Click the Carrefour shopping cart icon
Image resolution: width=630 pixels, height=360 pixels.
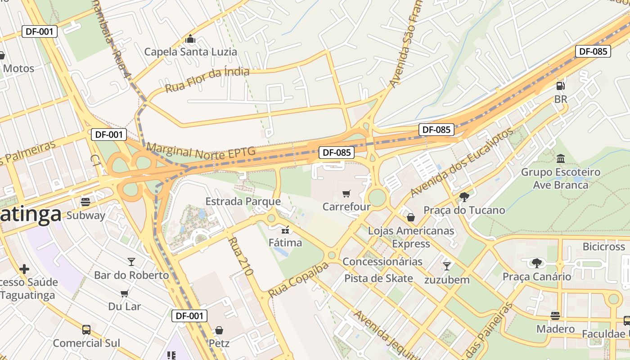tap(346, 193)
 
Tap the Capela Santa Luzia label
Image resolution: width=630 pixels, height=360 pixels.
tap(190, 52)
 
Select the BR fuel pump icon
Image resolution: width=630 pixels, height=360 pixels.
tap(560, 85)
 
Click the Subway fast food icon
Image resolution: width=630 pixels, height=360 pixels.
tap(85, 202)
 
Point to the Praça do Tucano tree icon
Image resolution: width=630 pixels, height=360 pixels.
tap(464, 197)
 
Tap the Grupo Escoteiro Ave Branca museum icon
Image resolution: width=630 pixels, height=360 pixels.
tap(561, 158)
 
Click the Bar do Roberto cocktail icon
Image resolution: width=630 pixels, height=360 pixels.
tap(131, 261)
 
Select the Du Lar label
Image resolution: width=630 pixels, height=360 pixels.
tap(125, 306)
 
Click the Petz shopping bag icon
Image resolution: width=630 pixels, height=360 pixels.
tap(219, 331)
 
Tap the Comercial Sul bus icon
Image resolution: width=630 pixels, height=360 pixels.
tap(86, 330)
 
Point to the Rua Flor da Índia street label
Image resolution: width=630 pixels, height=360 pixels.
tap(207, 80)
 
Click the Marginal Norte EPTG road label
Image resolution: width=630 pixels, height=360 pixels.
tap(201, 152)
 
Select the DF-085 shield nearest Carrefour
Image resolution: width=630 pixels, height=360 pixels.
tap(336, 153)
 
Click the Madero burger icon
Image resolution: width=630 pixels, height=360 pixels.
tap(555, 315)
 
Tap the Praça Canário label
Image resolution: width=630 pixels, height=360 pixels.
tap(536, 276)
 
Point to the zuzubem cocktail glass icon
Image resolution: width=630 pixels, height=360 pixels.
tap(446, 266)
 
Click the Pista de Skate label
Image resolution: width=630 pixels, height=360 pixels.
tap(378, 278)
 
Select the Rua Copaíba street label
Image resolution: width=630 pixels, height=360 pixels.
tap(298, 280)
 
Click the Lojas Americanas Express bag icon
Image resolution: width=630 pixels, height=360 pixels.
tap(411, 218)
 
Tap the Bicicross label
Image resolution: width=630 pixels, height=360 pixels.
tap(603, 247)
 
